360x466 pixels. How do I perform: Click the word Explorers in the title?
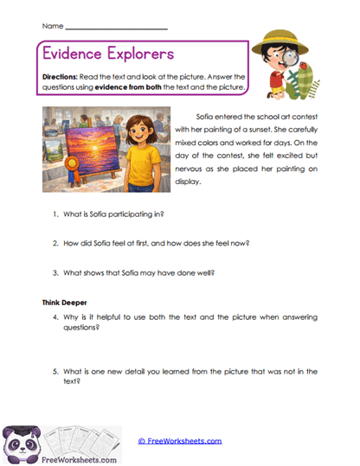click(138, 53)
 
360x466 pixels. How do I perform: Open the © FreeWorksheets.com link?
click(179, 440)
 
